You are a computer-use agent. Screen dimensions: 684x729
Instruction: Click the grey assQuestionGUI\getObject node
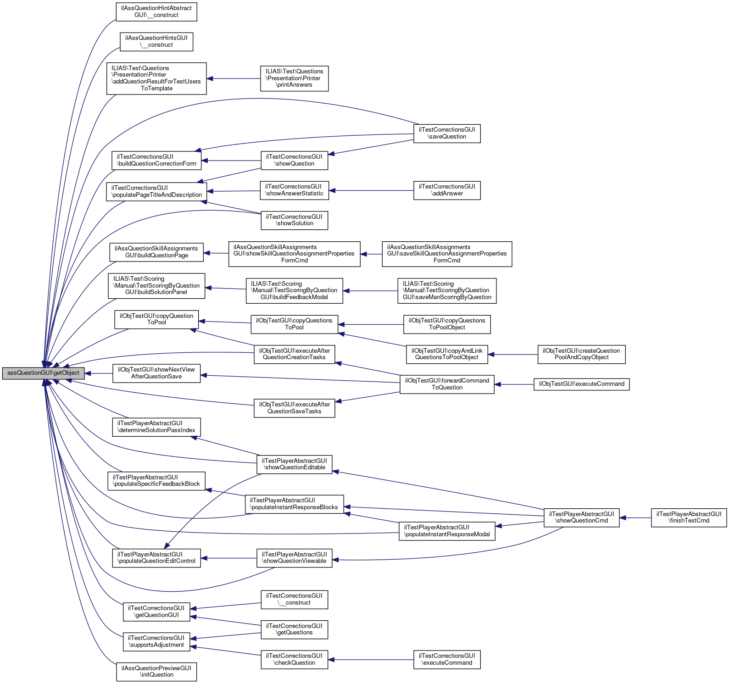coord(43,373)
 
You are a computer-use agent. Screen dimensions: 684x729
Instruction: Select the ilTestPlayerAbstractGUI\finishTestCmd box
coord(689,517)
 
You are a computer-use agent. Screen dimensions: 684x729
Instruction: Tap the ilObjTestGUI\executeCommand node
coord(581,384)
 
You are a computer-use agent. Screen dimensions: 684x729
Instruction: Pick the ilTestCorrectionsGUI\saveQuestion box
coord(447,133)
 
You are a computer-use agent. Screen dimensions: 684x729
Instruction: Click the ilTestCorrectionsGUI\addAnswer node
coord(447,190)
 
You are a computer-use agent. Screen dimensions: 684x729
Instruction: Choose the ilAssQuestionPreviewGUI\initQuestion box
coord(156,672)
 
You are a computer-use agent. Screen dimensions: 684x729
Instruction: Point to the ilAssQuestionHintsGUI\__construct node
coord(156,42)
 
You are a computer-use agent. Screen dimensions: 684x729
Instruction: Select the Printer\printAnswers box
coord(294,78)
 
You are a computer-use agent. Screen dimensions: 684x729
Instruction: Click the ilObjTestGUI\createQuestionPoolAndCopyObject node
coord(581,354)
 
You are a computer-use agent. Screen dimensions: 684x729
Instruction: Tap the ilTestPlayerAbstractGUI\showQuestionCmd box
coord(581,517)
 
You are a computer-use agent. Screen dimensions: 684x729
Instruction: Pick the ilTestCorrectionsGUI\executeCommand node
coord(447,660)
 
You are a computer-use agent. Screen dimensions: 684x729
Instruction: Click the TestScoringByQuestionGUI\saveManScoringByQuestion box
coord(447,290)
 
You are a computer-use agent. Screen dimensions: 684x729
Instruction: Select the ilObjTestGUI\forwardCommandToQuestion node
coord(447,384)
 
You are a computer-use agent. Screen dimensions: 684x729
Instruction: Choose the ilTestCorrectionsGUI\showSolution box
coord(294,220)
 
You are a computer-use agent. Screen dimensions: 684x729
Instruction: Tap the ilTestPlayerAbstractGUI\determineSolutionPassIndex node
coord(156,427)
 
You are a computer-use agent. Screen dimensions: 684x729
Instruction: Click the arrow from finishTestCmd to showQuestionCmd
coord(635,518)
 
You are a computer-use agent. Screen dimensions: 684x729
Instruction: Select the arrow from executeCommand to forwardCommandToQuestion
coord(514,384)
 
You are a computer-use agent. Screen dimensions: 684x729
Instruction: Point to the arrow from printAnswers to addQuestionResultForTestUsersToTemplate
coord(234,79)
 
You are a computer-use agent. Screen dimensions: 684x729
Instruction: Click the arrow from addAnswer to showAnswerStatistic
coord(372,190)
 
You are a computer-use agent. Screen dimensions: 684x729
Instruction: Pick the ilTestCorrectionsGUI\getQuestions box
coord(294,629)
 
